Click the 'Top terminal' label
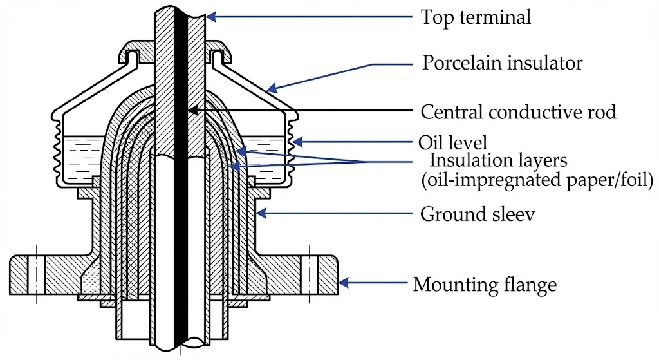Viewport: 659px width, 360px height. coord(476,17)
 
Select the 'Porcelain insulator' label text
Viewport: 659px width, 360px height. coord(502,63)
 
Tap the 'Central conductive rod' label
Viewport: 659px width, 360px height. coord(518,112)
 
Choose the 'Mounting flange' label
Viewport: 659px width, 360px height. coord(485,283)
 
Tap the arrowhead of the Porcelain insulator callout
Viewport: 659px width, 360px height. coord(271,88)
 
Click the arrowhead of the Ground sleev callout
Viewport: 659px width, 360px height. coord(259,212)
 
